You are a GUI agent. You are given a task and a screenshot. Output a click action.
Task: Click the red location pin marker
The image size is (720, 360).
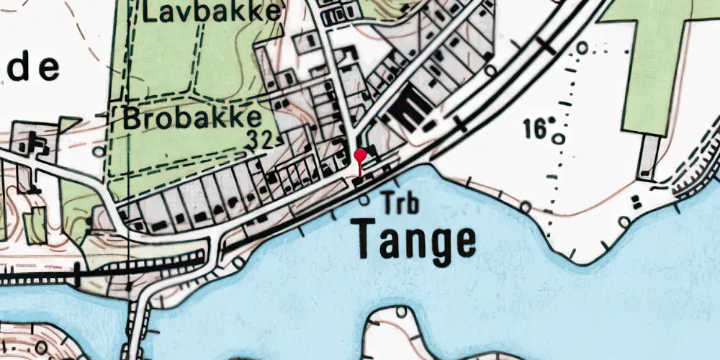tap(360, 156)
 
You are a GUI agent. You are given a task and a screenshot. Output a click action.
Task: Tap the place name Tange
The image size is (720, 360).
tap(415, 240)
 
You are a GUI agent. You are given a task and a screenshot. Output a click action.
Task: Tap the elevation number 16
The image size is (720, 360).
tap(534, 129)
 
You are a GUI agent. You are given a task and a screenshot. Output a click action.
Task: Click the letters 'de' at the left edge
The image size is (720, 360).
tap(30, 68)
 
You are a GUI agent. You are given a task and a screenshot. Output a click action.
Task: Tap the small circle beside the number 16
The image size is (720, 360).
tap(559, 138)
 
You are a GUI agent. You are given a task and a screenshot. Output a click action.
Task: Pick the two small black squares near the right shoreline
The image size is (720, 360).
tap(635, 200)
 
